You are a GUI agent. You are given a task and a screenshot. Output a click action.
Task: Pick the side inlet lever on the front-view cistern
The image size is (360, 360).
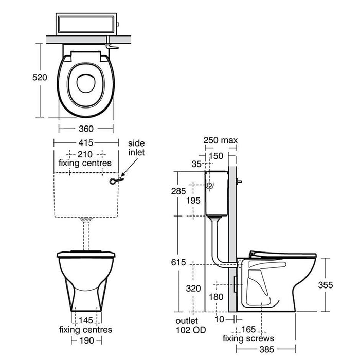117,181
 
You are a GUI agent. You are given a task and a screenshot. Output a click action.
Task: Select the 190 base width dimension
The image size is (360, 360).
86,340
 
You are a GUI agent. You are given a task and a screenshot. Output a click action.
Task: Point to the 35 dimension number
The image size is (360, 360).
195,165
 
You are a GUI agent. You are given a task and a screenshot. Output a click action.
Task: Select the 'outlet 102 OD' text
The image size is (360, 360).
186,324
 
